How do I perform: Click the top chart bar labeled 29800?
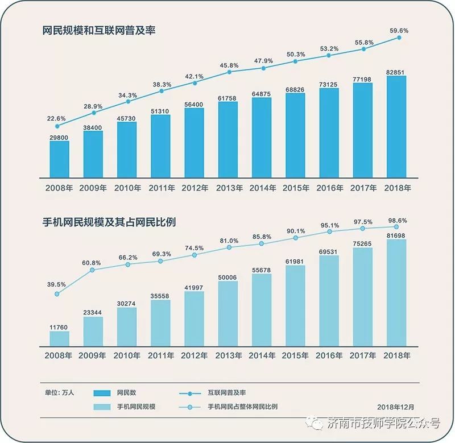[x=59, y=159]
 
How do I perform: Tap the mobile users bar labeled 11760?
[x=59, y=339]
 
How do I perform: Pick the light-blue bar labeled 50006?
[x=228, y=313]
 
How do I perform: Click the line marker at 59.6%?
[x=399, y=38]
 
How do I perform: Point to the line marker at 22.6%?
[x=57, y=126]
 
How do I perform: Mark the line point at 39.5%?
[x=57, y=294]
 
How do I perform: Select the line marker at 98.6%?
[x=397, y=227]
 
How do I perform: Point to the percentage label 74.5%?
[x=194, y=247]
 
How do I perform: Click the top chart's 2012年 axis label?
[x=195, y=188]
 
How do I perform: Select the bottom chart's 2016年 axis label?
[x=329, y=355]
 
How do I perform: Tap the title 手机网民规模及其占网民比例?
[x=109, y=222]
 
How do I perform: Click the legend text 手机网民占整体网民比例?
[x=243, y=407]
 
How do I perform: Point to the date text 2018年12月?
[x=396, y=407]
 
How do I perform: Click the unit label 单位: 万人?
[x=60, y=392]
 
